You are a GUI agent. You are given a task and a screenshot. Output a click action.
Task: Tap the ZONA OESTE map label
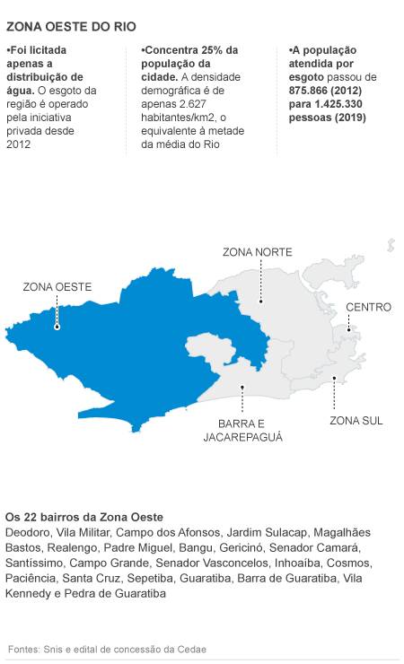click(x=57, y=287)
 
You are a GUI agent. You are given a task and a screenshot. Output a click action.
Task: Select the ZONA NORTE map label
click(x=257, y=252)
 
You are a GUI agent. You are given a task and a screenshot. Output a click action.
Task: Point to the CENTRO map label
click(x=368, y=307)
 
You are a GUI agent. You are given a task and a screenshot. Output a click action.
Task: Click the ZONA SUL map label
click(x=356, y=421)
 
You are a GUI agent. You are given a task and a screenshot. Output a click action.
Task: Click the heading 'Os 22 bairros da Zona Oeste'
click(x=84, y=518)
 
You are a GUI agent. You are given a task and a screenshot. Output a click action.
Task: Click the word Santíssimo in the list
click(x=34, y=563)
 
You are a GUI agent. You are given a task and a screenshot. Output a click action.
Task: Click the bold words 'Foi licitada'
click(x=36, y=50)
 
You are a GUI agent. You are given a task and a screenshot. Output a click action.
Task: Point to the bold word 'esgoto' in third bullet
click(x=307, y=77)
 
